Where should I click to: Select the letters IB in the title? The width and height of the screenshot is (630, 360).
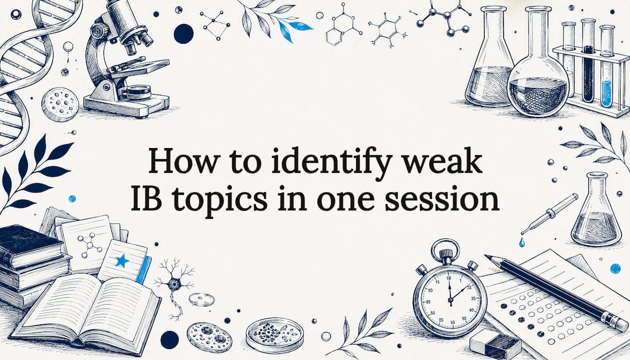pos(146,198)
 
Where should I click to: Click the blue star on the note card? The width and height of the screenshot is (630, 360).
pos(122,261)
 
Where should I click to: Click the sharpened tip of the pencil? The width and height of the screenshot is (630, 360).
pos(485,256)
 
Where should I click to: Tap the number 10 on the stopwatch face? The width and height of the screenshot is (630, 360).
pos(448,278)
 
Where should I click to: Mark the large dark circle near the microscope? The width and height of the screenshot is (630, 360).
pos(183,34)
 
